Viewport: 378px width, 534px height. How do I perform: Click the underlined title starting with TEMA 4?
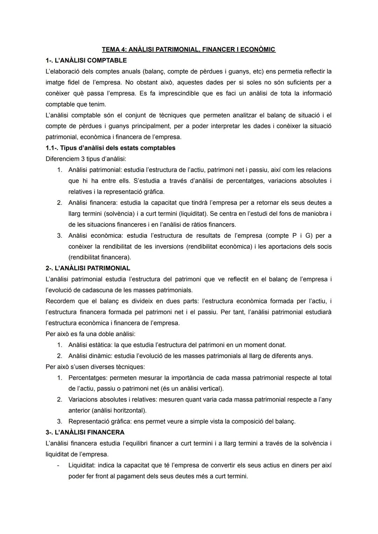click(x=189, y=49)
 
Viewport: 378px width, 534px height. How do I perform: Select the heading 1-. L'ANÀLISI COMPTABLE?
click(x=86, y=60)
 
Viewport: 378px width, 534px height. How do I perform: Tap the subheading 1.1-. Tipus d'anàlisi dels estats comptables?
click(x=111, y=148)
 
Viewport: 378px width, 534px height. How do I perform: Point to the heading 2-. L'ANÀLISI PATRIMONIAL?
click(x=88, y=268)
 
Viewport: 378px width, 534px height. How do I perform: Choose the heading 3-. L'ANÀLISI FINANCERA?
click(x=85, y=432)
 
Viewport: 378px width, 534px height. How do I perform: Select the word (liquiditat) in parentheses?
click(x=193, y=214)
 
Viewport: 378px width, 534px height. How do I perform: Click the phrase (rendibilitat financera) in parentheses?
click(x=100, y=257)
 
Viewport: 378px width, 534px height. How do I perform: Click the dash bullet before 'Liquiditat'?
click(x=59, y=465)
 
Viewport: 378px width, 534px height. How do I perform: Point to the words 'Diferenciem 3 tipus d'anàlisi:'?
click(x=86, y=159)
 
